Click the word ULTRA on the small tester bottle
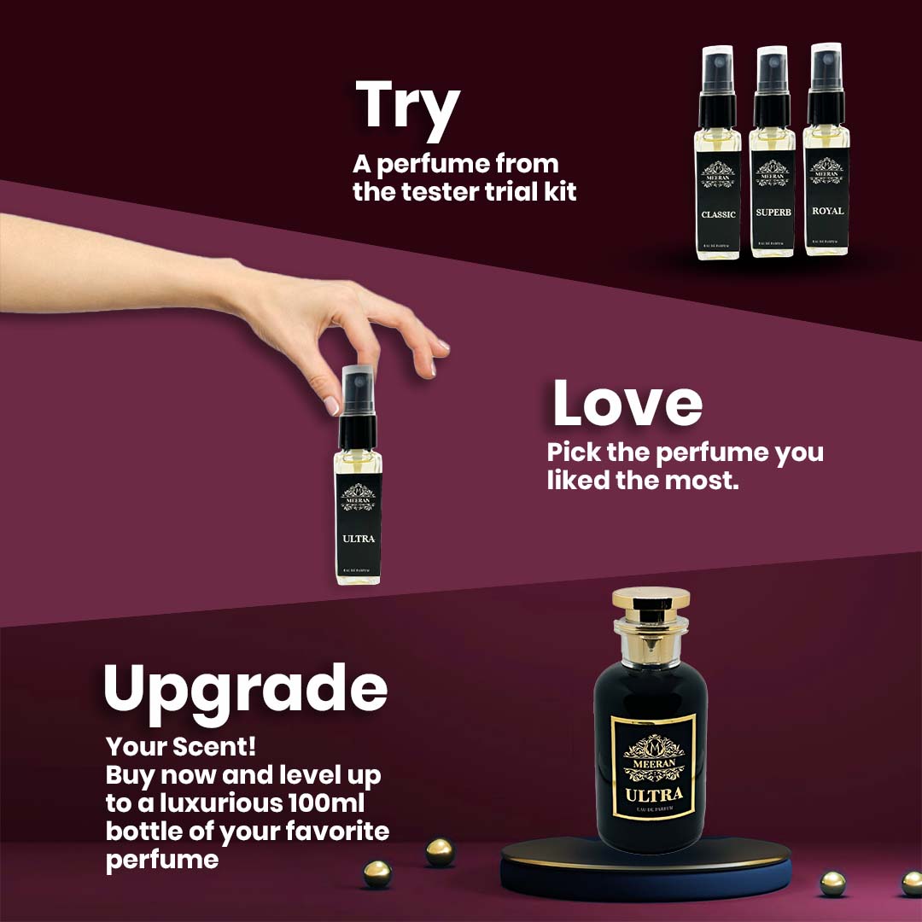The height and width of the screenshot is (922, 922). [358, 539]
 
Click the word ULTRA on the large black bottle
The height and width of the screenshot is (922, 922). [653, 797]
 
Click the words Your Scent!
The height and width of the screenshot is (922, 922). [181, 747]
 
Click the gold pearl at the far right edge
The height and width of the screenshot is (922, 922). [912, 883]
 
